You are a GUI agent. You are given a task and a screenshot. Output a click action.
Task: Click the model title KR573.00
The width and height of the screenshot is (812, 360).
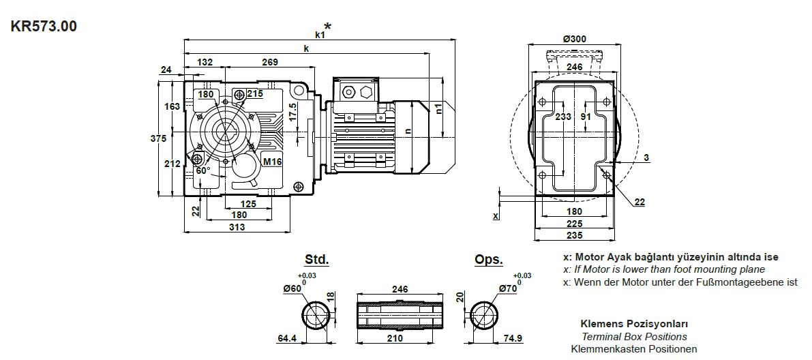(x=44, y=27)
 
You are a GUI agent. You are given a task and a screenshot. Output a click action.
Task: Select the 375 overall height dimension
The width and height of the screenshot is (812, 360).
(x=157, y=138)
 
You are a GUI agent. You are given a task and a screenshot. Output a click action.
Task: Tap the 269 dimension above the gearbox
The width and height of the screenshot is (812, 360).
(x=269, y=62)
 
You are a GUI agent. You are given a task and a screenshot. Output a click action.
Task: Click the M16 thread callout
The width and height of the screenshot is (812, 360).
(x=272, y=162)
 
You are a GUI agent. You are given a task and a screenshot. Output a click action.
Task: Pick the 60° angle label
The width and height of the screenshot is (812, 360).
(x=203, y=170)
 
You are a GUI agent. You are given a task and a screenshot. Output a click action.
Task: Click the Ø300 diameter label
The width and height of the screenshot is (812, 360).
(x=574, y=39)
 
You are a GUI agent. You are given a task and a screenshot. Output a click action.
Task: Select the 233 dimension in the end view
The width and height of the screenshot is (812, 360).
(x=562, y=117)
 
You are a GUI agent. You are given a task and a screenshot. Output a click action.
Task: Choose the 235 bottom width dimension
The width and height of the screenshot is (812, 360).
(x=575, y=235)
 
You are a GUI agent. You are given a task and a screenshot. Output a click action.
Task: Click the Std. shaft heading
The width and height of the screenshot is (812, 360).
(x=316, y=260)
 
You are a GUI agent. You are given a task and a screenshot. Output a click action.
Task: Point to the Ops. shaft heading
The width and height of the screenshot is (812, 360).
(x=488, y=260)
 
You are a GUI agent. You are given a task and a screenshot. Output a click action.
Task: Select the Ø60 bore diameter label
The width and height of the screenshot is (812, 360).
(x=292, y=288)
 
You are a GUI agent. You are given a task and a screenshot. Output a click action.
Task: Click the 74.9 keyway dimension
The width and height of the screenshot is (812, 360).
(x=511, y=338)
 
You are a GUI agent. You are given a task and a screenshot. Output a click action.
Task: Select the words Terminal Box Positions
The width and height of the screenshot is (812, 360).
(x=634, y=336)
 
